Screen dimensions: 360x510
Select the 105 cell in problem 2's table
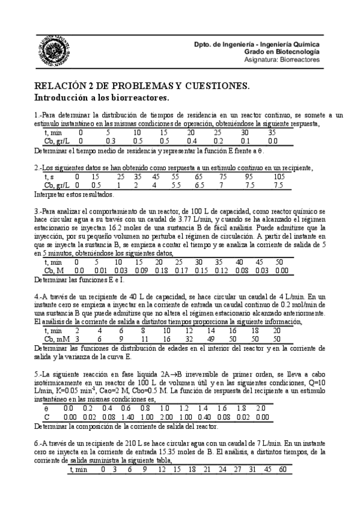(x=279, y=177)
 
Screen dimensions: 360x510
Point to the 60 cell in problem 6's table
(x=282, y=469)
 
